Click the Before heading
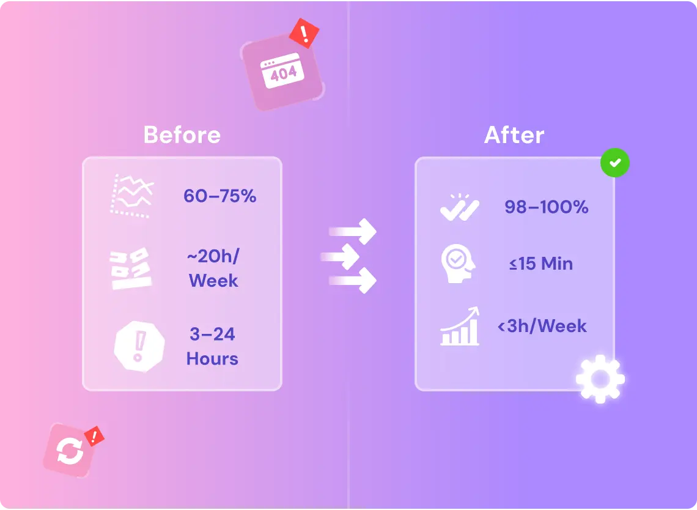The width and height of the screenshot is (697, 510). pos(182,135)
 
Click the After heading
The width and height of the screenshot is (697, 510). pos(514,135)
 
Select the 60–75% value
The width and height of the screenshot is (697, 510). pos(220,196)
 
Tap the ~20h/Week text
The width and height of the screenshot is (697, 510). pos(213,268)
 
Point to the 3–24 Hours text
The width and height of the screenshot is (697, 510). pos(213,346)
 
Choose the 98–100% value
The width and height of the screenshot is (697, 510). pos(547,207)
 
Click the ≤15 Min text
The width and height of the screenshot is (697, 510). pos(541,264)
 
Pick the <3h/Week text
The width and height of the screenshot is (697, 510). pos(542,326)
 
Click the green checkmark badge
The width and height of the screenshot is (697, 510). pos(614,163)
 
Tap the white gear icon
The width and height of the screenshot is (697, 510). pos(600,379)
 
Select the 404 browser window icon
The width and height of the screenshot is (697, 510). pos(282,71)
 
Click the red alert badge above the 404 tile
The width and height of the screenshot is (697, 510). pos(304,33)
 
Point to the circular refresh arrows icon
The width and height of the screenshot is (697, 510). pos(70,451)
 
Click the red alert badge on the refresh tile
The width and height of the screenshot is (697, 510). pos(94,436)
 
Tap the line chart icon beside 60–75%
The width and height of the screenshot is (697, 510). pos(132,196)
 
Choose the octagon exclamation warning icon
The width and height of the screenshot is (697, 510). pos(139,346)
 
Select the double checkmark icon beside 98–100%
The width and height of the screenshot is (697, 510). pos(460,208)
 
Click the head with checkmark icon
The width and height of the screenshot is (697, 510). pos(458,264)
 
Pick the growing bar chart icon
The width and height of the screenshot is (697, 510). pos(460,326)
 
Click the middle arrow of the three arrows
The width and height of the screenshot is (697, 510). pos(340,257)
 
